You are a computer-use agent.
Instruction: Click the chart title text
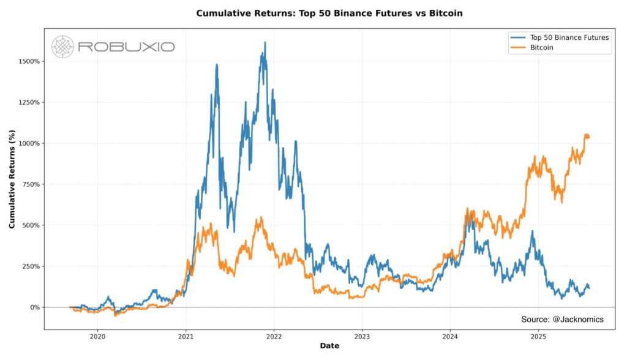pos(329,13)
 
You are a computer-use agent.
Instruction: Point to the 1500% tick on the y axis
pos(30,61)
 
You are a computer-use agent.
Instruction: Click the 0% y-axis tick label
pos(35,307)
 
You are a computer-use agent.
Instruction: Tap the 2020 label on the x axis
pos(97,336)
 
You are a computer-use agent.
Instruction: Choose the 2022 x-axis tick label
pos(274,336)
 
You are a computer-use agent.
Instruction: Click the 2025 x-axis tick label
pos(538,336)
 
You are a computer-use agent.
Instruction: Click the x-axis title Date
pos(329,347)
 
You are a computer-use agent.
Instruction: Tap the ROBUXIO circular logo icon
pos(62,47)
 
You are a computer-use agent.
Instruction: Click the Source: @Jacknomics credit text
pos(561,319)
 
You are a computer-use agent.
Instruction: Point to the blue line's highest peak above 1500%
pos(265,43)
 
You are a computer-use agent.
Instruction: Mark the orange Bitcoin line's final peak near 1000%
pos(586,134)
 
